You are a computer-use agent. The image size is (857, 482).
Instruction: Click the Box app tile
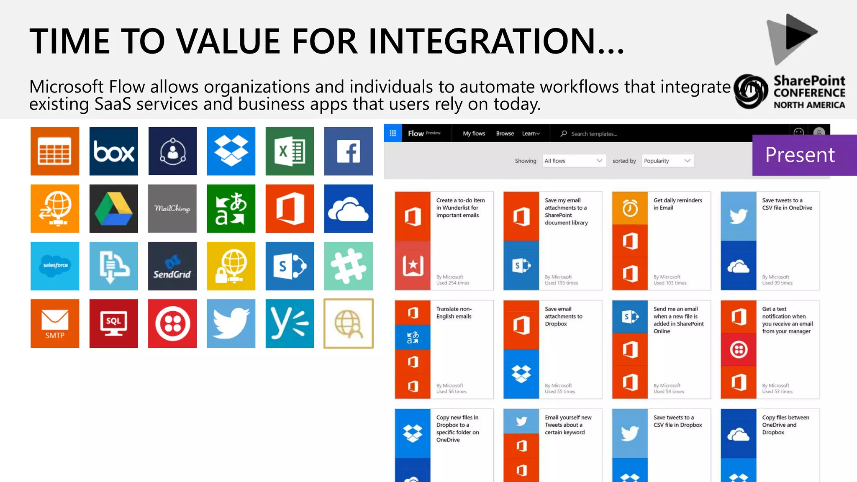(x=113, y=151)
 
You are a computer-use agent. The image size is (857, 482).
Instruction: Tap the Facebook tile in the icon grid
(x=348, y=151)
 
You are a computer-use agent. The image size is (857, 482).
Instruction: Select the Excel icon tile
(x=290, y=151)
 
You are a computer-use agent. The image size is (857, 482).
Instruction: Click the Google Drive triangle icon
(x=113, y=208)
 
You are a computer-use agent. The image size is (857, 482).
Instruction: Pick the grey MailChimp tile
(x=172, y=208)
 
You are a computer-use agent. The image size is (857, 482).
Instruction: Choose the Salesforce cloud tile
(x=55, y=266)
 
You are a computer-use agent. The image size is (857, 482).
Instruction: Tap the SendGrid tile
(x=172, y=266)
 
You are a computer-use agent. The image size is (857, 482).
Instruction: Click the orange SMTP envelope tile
(x=55, y=323)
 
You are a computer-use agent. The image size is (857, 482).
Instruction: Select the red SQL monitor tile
(x=113, y=323)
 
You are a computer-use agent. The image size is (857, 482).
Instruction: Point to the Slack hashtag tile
(x=348, y=266)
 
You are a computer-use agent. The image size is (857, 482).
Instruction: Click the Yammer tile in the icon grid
(x=290, y=323)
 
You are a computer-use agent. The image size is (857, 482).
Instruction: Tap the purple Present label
(x=800, y=155)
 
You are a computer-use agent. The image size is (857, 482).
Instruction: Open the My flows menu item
(x=474, y=133)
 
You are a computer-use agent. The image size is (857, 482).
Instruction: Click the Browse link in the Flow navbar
(x=505, y=133)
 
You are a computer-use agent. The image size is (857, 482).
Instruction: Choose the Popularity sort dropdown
(x=667, y=161)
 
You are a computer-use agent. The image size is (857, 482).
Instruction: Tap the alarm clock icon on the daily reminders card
(x=630, y=208)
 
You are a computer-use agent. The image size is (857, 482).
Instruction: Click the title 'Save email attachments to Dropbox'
(x=563, y=316)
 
